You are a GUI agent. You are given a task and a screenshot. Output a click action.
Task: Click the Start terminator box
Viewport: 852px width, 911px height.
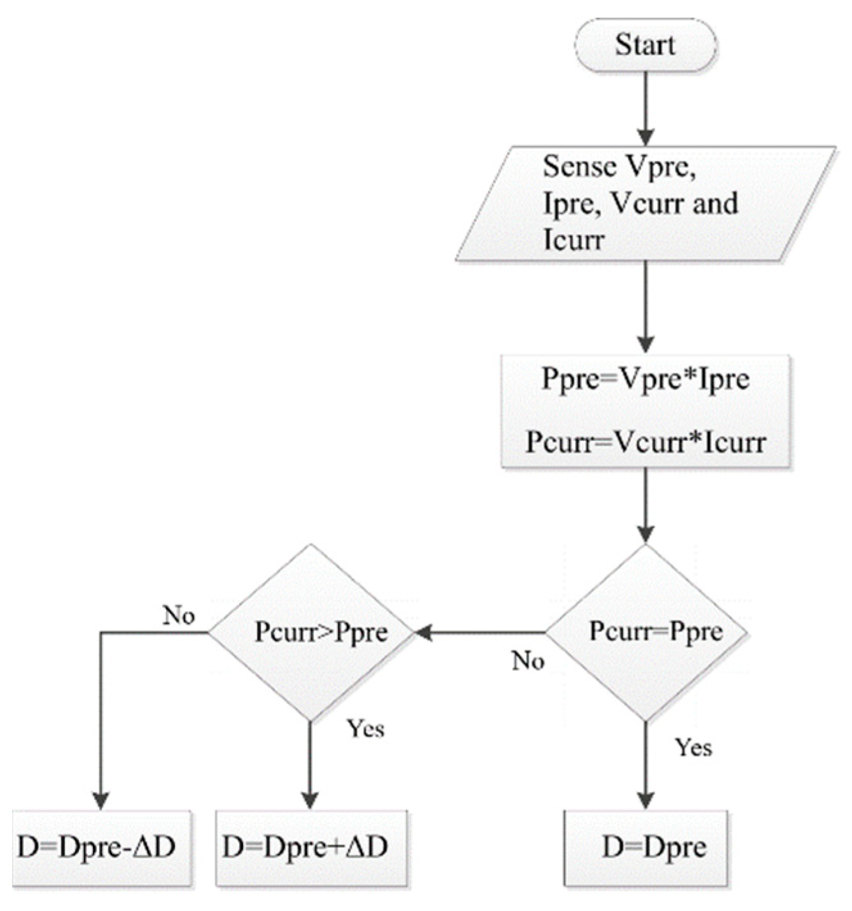point(645,45)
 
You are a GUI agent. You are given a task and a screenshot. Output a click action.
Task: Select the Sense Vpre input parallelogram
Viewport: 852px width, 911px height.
point(645,203)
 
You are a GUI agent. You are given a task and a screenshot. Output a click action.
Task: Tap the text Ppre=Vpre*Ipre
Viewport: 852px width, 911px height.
point(645,379)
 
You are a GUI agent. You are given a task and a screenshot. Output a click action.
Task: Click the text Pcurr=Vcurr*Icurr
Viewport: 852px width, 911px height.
point(645,442)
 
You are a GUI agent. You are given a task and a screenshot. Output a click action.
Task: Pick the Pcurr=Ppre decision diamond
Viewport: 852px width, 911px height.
point(645,632)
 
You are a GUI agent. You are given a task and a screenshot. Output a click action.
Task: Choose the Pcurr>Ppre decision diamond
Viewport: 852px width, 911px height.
point(311,632)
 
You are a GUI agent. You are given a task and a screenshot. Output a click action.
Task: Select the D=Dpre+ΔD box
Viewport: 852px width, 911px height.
point(311,848)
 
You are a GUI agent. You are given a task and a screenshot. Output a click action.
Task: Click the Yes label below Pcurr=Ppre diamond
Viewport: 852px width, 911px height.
point(693,747)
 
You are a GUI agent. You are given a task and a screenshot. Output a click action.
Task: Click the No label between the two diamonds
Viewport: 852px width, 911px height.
point(528,660)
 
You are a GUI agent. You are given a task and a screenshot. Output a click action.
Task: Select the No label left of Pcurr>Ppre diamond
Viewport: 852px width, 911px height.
point(178,615)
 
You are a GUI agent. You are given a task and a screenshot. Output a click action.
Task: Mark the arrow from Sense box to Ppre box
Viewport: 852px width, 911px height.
point(645,306)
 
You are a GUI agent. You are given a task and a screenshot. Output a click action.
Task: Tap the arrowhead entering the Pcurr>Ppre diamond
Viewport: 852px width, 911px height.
point(423,633)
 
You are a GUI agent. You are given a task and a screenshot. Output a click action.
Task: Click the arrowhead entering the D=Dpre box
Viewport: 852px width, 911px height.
point(645,800)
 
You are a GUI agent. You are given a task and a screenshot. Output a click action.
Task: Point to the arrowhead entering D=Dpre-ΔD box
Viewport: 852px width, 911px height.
point(101,800)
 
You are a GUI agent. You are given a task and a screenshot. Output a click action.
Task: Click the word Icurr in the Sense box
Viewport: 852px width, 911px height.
point(573,241)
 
